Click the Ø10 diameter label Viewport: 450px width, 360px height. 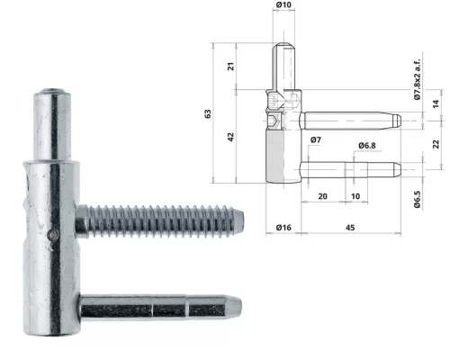283,5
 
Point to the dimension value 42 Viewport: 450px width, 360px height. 230,137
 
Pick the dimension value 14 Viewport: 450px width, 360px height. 436,104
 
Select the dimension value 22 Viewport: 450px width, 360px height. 436,144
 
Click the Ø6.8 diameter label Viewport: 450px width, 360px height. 366,145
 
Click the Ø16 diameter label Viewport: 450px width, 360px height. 282,226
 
